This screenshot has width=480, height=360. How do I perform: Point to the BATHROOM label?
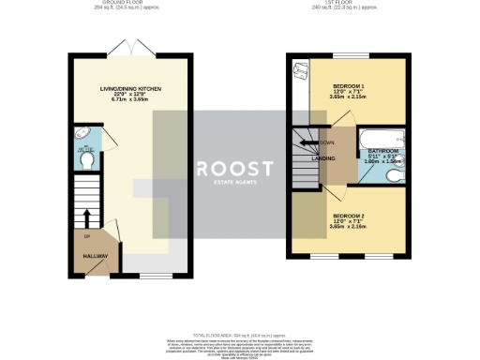[382, 150]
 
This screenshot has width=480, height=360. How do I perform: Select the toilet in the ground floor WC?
[86, 161]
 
